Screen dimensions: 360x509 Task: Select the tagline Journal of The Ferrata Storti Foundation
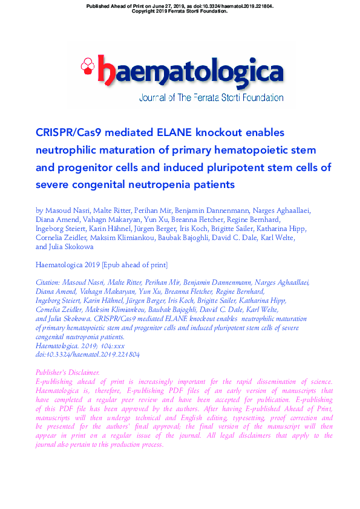click(211, 97)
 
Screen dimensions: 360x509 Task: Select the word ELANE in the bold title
click(170, 132)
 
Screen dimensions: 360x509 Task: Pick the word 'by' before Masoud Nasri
click(40, 210)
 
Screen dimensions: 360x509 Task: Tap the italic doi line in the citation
click(88, 354)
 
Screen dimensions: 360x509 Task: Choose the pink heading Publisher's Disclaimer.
click(68, 372)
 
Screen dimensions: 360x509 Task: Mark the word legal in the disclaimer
click(240, 436)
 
